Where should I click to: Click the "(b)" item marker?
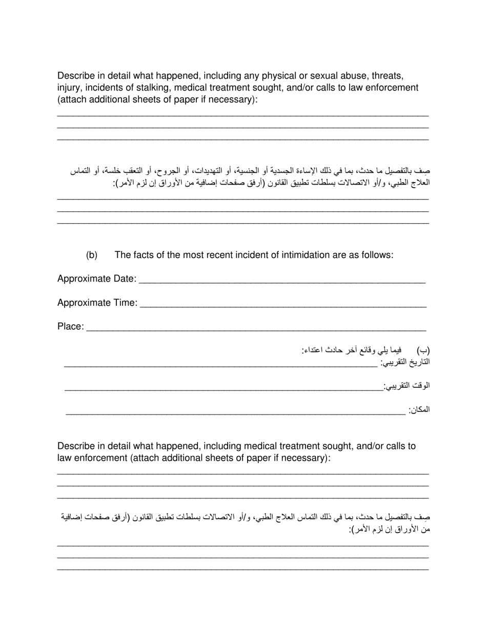pyautogui.click(x=92, y=255)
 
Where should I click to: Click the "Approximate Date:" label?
pyautogui.click(x=97, y=279)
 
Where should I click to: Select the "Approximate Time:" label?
pyautogui.click(x=97, y=303)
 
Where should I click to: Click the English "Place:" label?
pyautogui.click(x=71, y=327)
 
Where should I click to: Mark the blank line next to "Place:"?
pyautogui.click(x=256, y=330)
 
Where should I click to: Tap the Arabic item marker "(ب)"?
pyautogui.click(x=422, y=351)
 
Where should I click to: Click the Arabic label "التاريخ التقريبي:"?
pyautogui.click(x=404, y=362)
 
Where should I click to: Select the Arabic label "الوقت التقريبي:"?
pyautogui.click(x=407, y=386)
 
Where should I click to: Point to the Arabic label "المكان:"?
pyautogui.click(x=419, y=409)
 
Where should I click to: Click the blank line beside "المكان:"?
pyautogui.click(x=235, y=413)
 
